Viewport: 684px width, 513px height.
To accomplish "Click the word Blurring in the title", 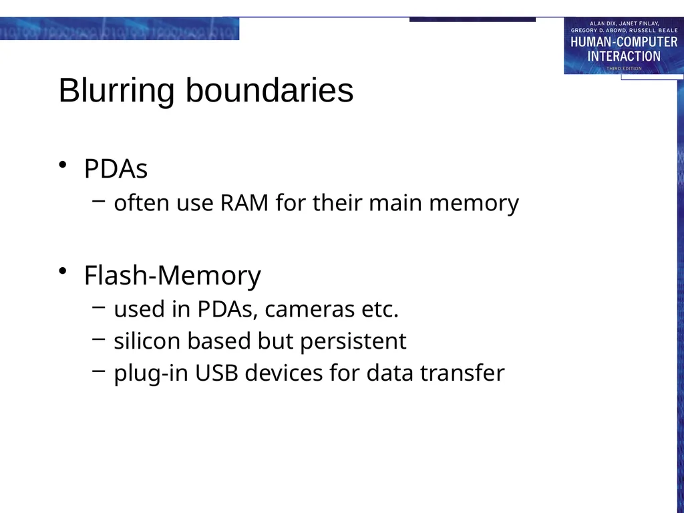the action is [116, 91].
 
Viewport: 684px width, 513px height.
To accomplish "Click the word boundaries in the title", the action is [270, 90].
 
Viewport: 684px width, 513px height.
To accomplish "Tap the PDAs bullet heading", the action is [116, 168].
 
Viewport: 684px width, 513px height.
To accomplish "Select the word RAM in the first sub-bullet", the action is [244, 203].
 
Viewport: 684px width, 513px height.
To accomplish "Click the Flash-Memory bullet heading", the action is [173, 276].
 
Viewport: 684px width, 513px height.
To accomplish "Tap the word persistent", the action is [353, 341].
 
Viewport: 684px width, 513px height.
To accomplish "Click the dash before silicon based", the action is [99, 339].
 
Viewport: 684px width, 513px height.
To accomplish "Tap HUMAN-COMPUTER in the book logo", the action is [624, 42].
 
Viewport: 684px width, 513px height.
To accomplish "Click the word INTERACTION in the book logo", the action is [624, 56].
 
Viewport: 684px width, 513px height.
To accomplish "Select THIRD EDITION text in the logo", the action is [624, 69].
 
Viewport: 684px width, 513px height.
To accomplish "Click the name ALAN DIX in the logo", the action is [602, 23].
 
